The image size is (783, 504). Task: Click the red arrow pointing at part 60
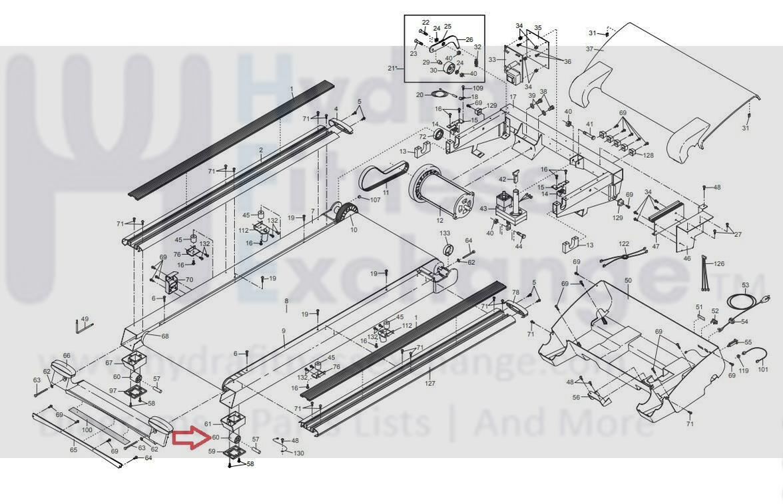(x=189, y=437)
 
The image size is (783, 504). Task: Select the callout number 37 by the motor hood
(x=589, y=49)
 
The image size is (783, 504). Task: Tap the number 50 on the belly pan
(x=627, y=281)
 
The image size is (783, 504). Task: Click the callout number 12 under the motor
(x=439, y=220)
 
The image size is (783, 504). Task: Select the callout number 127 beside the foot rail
(x=430, y=383)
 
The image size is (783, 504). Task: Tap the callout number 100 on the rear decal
(x=87, y=430)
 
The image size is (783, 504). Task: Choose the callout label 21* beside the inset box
(x=392, y=68)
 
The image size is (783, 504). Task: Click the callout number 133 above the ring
(x=445, y=234)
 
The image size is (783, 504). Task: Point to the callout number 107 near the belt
(x=375, y=200)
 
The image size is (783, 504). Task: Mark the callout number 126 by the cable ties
(x=719, y=264)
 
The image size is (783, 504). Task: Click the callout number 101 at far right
(x=763, y=369)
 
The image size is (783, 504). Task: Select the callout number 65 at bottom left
(x=73, y=451)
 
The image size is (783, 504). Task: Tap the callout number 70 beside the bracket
(x=189, y=280)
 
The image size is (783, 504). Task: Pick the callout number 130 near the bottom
(x=299, y=453)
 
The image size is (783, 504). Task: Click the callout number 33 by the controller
(x=492, y=59)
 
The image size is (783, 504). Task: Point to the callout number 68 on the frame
(x=164, y=336)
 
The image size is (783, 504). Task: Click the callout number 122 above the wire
(x=624, y=244)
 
